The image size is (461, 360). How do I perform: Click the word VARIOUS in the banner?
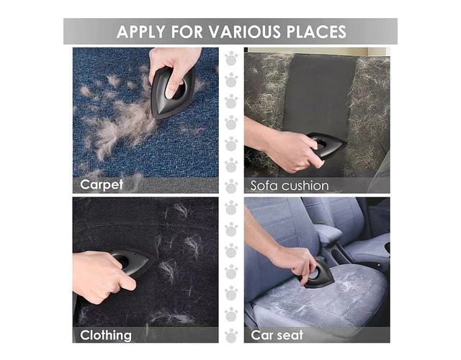pyautogui.click(x=245, y=32)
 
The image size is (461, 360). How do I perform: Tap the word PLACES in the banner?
pyautogui.click(x=316, y=32)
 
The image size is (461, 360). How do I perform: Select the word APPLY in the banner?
pyautogui.click(x=141, y=32)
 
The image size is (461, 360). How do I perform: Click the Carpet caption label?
pyautogui.click(x=102, y=185)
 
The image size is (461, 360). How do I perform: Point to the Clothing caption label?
pyautogui.click(x=106, y=336)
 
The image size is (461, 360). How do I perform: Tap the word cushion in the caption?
pyautogui.click(x=305, y=186)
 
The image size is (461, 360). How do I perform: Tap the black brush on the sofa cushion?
pyautogui.click(x=326, y=145)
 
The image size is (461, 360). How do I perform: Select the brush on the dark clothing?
pyautogui.click(x=133, y=262)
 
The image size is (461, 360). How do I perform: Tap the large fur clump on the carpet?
pyautogui.click(x=123, y=127)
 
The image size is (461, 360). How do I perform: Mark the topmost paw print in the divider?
pyautogui.click(x=231, y=58)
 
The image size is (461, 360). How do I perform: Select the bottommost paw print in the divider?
pyautogui.click(x=231, y=336)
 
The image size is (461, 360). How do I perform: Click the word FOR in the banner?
pyautogui.click(x=187, y=32)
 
